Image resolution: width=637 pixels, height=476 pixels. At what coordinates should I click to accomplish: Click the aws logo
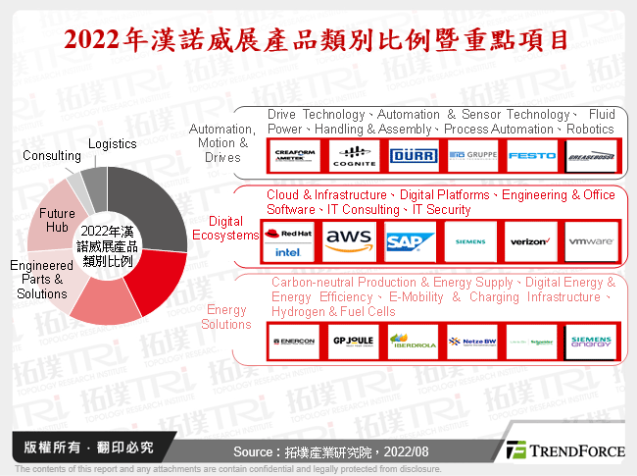coord(348,238)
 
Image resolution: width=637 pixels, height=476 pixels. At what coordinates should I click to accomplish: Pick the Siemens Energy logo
coord(591,342)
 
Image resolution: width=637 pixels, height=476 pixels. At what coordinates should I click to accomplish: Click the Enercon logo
coord(292,342)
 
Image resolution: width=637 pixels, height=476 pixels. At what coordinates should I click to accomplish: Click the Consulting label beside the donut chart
coord(51,155)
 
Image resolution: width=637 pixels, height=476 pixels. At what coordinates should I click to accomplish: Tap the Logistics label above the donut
coord(112,144)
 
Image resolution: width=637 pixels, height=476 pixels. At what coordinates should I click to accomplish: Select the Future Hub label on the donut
coord(57,220)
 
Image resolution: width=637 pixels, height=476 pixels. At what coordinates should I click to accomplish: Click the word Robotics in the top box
coord(590,129)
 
